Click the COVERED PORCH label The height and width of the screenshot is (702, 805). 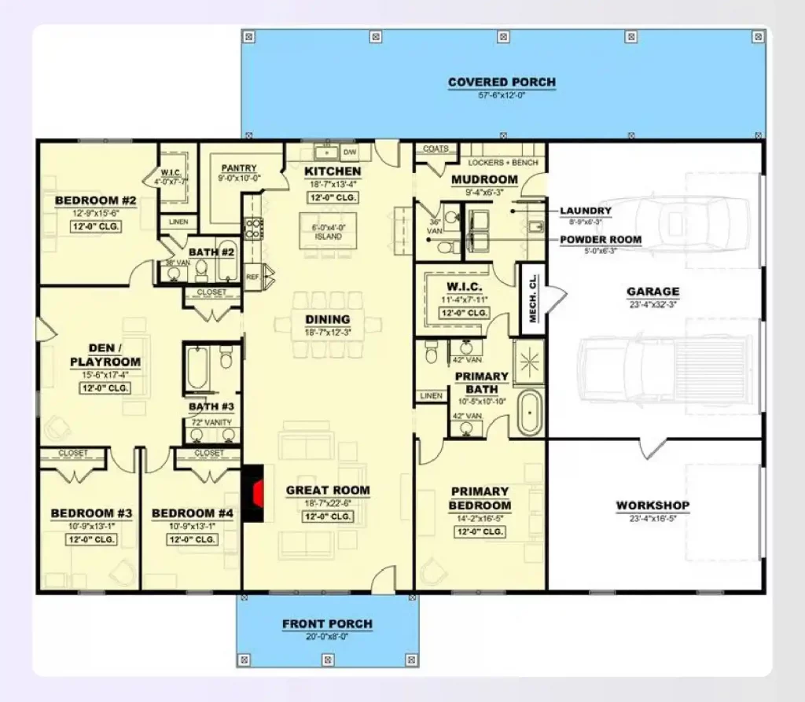(x=502, y=83)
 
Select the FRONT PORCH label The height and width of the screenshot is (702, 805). (x=327, y=624)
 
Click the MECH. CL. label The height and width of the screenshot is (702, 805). (x=532, y=297)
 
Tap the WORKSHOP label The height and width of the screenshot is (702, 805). (x=652, y=505)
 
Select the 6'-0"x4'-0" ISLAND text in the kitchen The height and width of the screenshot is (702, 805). (x=328, y=232)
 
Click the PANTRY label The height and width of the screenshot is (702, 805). (x=240, y=168)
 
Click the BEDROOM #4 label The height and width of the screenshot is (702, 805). (x=192, y=514)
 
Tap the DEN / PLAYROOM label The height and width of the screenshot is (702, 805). (x=105, y=355)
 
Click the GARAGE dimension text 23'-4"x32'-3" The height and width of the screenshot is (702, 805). (x=652, y=304)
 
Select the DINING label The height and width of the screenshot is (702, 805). (x=328, y=319)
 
